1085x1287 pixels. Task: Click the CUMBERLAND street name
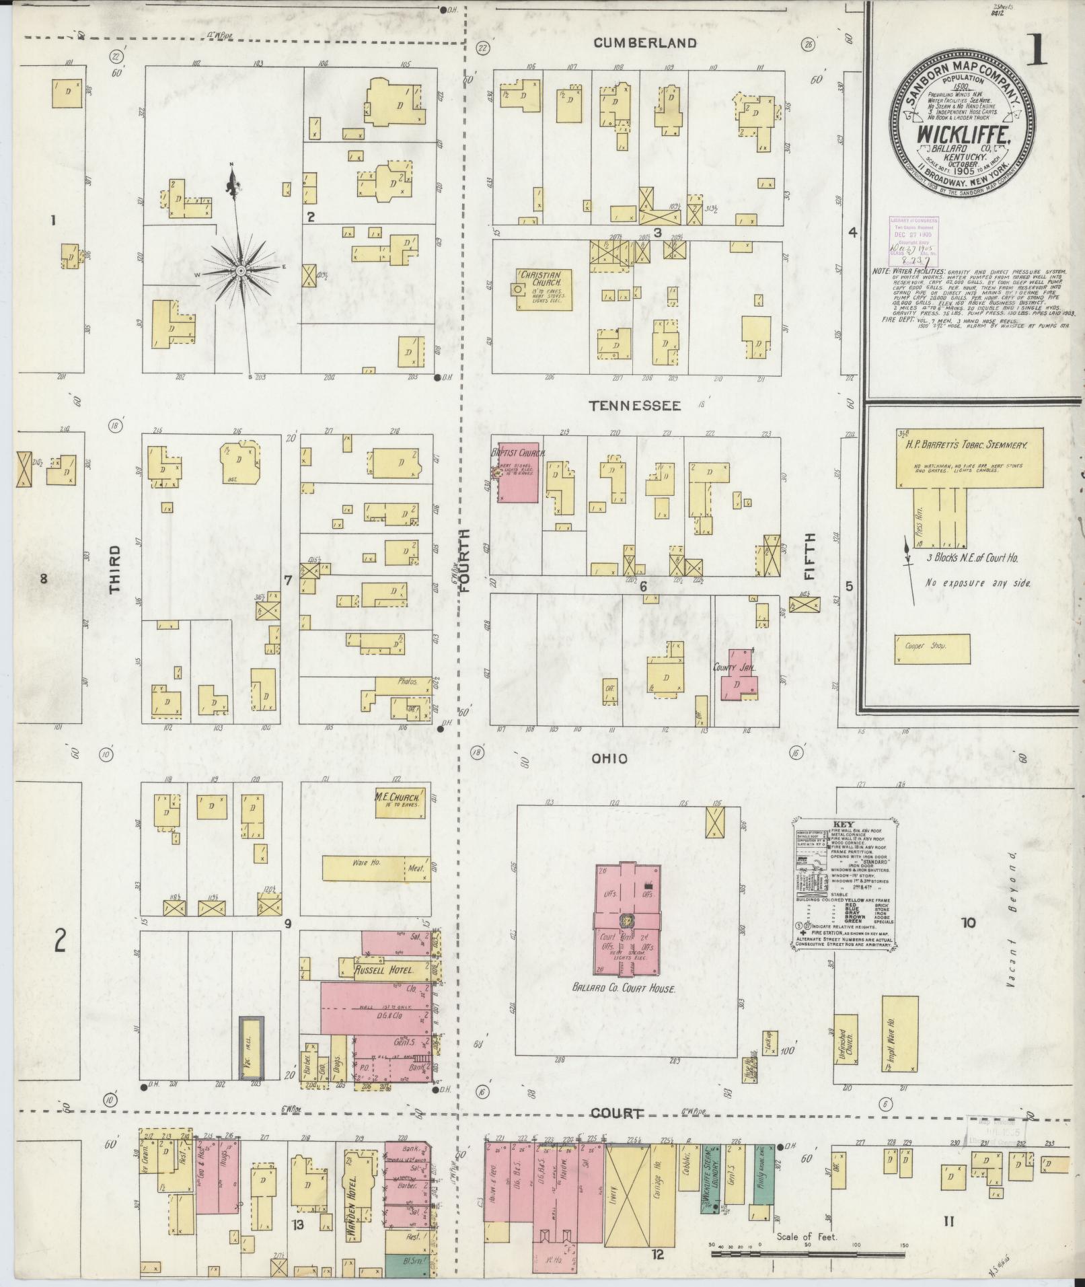click(644, 43)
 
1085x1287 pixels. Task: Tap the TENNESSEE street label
click(634, 406)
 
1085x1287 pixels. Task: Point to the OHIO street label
click(609, 758)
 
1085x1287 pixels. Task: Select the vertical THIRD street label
click(115, 568)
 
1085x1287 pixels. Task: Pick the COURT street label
click(617, 1114)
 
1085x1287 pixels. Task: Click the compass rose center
click(239, 270)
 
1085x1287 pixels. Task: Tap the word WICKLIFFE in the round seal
click(963, 134)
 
